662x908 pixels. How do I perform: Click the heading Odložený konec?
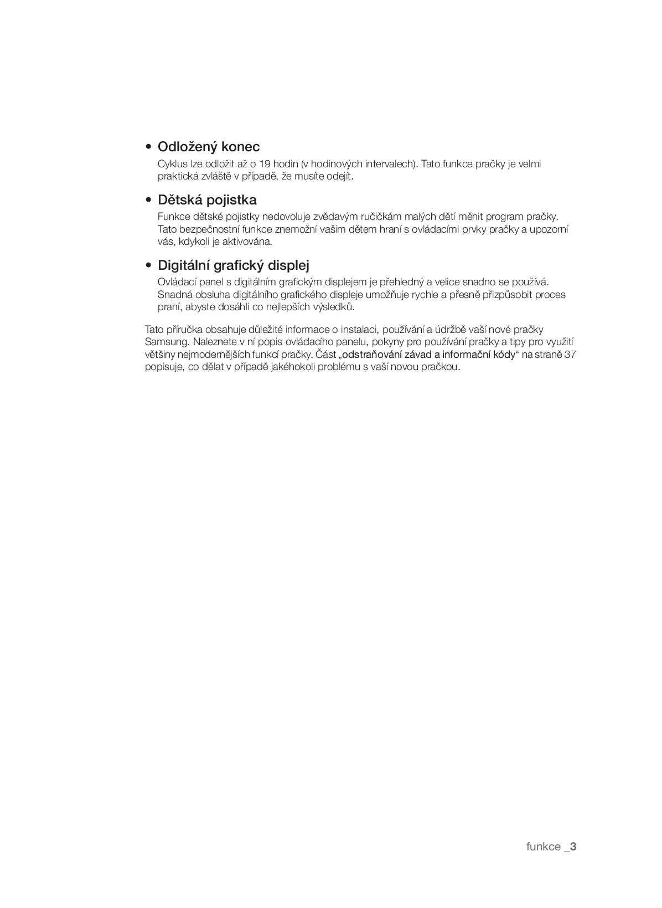[x=209, y=147]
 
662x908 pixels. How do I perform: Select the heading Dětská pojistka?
[x=207, y=200]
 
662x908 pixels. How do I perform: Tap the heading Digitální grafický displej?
[x=233, y=265]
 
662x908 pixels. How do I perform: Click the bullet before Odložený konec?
[x=148, y=147]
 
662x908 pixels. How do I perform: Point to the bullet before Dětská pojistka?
[x=148, y=201]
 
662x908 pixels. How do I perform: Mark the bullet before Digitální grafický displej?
[x=148, y=265]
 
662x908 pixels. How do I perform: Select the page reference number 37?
[x=570, y=355]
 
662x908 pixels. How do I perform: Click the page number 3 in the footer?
[x=573, y=847]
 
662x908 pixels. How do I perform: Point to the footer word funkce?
[x=543, y=847]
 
